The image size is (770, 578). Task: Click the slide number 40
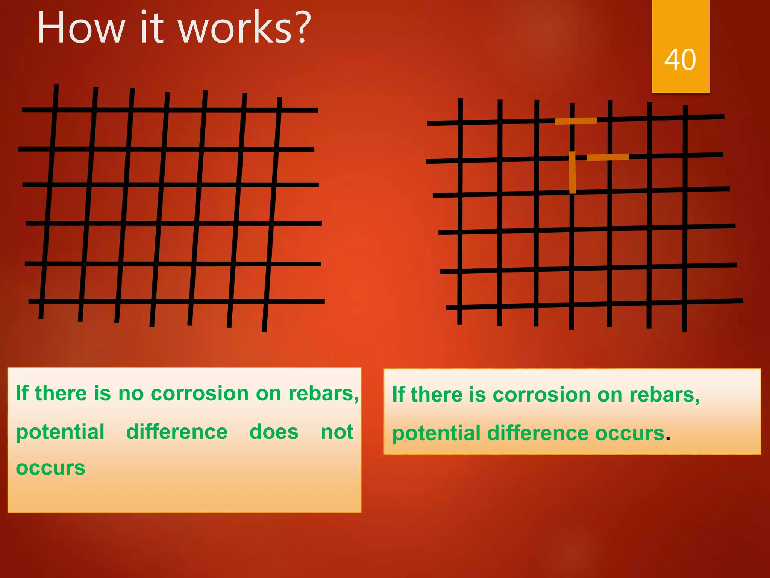[680, 60]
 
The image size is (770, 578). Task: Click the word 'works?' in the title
[245, 28]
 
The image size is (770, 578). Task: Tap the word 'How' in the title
[81, 28]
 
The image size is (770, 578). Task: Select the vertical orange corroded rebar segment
[572, 172]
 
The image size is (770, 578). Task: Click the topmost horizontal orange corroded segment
[576, 121]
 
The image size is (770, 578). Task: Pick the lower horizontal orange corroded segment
[608, 157]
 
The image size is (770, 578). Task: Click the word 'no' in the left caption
[131, 394]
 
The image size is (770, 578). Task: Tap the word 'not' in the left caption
[337, 432]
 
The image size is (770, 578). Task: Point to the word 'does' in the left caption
[274, 432]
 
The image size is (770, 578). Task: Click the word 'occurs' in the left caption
[50, 468]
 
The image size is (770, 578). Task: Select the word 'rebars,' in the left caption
[324, 394]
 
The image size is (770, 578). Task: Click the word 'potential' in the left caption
[60, 432]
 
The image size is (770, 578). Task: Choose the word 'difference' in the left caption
[177, 432]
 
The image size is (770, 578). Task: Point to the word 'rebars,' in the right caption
[664, 395]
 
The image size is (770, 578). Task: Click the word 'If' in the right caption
[398, 395]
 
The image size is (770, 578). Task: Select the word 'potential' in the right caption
[437, 433]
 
